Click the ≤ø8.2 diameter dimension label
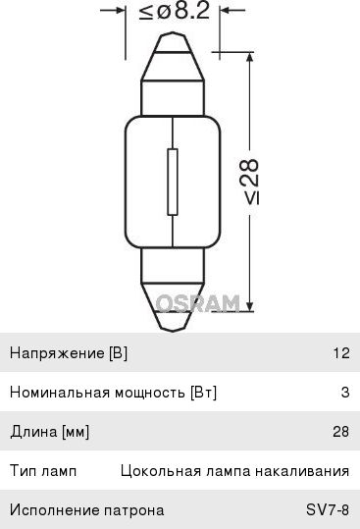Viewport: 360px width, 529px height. point(173,14)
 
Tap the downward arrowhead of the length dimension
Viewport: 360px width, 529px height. point(252,304)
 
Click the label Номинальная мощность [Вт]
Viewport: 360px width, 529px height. point(113,393)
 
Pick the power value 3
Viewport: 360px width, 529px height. point(345,393)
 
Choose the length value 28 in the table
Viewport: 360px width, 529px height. point(341,432)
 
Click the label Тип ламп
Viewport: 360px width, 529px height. point(38,471)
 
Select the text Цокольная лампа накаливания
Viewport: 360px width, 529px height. point(234,471)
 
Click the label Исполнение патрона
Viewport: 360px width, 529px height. point(86,510)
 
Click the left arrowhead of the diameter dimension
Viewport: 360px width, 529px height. point(119,14)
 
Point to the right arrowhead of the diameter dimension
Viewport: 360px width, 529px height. point(227,14)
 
